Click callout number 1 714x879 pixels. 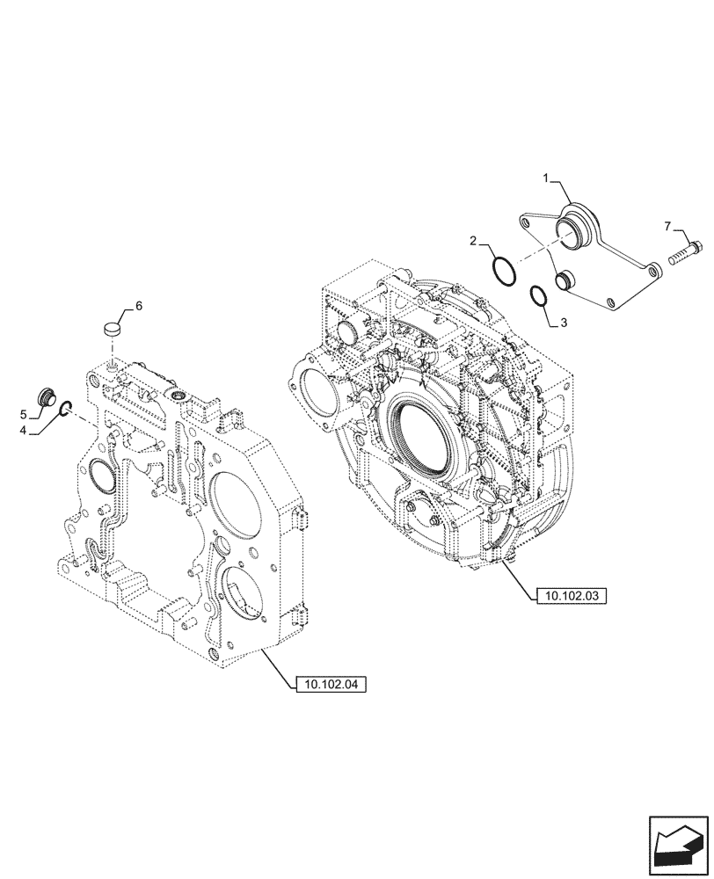[x=546, y=178]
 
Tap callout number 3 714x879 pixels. [x=564, y=323]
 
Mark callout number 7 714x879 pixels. [x=667, y=228]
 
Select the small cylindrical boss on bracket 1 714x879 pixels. [x=564, y=280]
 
